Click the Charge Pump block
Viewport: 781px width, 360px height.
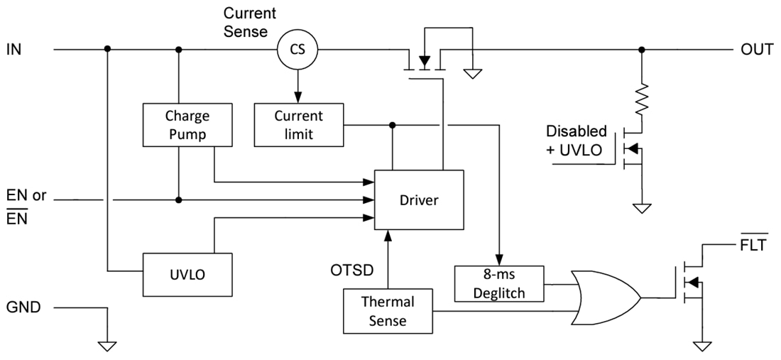[x=187, y=124]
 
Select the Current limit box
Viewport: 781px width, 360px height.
[x=298, y=124]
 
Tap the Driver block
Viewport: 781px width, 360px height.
[x=419, y=200]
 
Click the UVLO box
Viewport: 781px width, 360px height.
[x=187, y=274]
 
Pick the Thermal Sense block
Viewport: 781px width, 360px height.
[x=388, y=311]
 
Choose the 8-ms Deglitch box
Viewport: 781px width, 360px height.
[x=498, y=283]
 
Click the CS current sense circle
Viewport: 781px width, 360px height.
[x=297, y=49]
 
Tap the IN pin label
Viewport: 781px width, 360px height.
[x=14, y=50]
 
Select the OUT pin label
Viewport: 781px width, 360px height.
[x=757, y=50]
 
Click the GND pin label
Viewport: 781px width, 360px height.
[x=23, y=307]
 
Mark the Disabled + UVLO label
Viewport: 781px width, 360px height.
[x=576, y=140]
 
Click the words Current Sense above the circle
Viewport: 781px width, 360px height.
[x=249, y=22]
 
